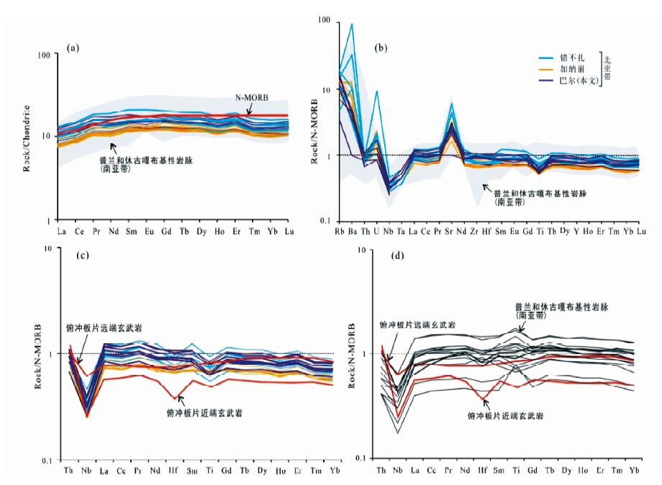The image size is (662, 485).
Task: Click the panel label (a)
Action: pos(72,48)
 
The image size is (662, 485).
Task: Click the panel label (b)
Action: pos(381,48)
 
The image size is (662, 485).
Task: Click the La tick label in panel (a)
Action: pos(60,231)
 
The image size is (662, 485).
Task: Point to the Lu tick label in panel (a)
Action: pos(289,231)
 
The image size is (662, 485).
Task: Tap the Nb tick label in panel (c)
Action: pos(86,471)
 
